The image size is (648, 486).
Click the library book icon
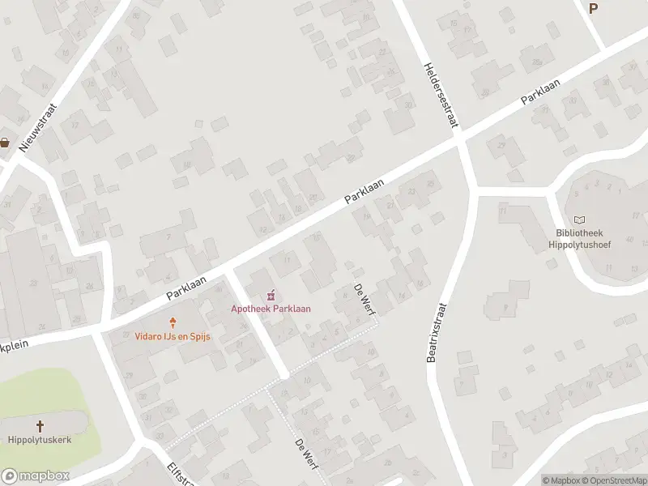click(580, 220)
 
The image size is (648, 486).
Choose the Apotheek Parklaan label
click(271, 308)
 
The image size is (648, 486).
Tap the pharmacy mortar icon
click(271, 294)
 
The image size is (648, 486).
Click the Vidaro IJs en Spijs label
click(173, 336)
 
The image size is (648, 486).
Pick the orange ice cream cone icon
click(173, 322)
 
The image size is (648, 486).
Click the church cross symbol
click(40, 424)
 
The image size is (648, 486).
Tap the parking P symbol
click(593, 8)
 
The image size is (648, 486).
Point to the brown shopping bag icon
click(5, 143)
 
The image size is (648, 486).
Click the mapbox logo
click(35, 476)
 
